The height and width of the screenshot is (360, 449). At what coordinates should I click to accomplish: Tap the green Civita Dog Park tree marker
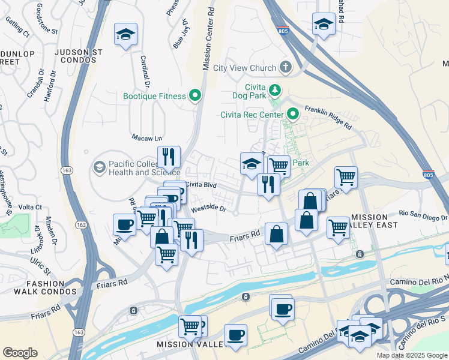tap(275, 90)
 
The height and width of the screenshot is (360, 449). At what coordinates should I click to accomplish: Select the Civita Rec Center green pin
tap(293, 113)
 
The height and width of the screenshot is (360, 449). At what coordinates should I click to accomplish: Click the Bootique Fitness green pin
tap(195, 95)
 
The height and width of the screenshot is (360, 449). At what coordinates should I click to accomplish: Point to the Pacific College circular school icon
tap(100, 166)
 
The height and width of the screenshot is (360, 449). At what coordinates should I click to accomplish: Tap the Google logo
tap(20, 353)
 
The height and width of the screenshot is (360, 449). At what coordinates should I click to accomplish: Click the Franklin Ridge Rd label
tap(328, 117)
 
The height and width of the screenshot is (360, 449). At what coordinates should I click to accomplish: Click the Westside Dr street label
tap(208, 209)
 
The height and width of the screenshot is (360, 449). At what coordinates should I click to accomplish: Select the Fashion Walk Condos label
tap(44, 287)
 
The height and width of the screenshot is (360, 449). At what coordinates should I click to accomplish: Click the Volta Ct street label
tap(31, 207)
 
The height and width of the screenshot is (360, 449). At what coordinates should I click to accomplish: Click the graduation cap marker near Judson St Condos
tap(126, 35)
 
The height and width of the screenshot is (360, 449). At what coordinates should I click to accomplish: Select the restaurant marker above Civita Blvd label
tap(169, 158)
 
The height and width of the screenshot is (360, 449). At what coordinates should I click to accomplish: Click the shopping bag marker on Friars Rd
tap(276, 235)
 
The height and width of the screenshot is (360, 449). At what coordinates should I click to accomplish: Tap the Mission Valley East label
tap(375, 221)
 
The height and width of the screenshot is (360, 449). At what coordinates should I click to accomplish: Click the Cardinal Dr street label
tap(145, 71)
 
